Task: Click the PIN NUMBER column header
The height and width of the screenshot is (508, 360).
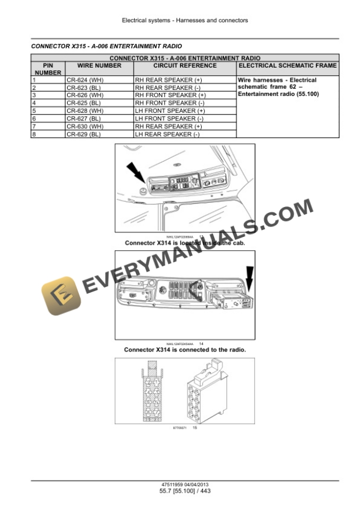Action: pyautogui.click(x=48, y=69)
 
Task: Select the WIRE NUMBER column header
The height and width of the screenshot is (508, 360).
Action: pyautogui.click(x=99, y=65)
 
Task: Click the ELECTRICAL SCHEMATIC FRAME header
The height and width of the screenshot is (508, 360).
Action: pyautogui.click(x=288, y=65)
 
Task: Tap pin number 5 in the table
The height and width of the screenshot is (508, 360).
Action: pyautogui.click(x=35, y=111)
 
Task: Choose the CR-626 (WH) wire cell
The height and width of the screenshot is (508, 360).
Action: pyautogui.click(x=85, y=95)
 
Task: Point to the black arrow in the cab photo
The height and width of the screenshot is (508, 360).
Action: pyautogui.click(x=136, y=173)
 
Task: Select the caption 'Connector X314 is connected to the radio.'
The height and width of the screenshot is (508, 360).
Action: pyautogui.click(x=185, y=350)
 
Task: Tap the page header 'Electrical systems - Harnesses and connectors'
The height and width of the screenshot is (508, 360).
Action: pyautogui.click(x=185, y=21)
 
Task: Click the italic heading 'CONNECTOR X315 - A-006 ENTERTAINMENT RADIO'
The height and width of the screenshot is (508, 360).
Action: pyautogui.click(x=106, y=46)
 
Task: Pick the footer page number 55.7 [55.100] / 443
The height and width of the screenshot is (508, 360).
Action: pyautogui.click(x=185, y=491)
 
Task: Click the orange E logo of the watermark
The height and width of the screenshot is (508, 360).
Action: pyautogui.click(x=59, y=297)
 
